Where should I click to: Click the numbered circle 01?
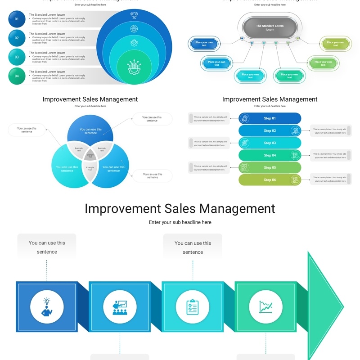[17, 19]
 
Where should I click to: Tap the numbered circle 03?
[17, 57]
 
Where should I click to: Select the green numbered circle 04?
[17, 76]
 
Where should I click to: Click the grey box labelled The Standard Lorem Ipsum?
[270, 28]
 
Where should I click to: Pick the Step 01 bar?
[270, 118]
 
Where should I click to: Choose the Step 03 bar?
[270, 143]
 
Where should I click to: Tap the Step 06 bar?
[270, 180]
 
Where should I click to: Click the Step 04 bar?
[270, 155]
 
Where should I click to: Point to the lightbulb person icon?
[46, 306]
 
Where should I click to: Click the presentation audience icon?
[119, 306]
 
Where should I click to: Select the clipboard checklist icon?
[193, 306]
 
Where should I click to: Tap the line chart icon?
[265, 306]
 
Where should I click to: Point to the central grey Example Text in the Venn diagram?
[90, 155]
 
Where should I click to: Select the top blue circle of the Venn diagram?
[90, 128]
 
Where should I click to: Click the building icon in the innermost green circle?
[134, 67]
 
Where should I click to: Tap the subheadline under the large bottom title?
[180, 222]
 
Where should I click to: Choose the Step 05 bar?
[270, 167]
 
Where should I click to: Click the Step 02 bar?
[270, 130]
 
